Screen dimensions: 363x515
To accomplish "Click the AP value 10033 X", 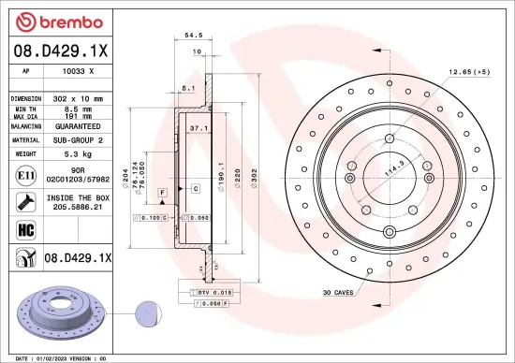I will click(x=78, y=70).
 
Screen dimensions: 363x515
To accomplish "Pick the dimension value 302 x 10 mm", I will click(x=77, y=97).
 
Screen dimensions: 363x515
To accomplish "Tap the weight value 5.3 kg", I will click(x=77, y=152).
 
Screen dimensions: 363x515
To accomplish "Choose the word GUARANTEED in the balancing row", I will click(x=78, y=124).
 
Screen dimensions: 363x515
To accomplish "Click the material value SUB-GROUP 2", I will click(x=78, y=138).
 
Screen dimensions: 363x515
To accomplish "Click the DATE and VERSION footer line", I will click(x=56, y=356).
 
